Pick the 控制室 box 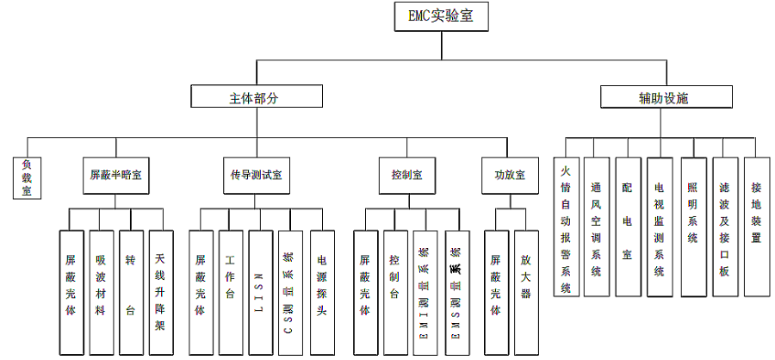[x=401, y=174]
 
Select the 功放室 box [x=505, y=174]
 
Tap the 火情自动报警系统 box [x=566, y=226]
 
